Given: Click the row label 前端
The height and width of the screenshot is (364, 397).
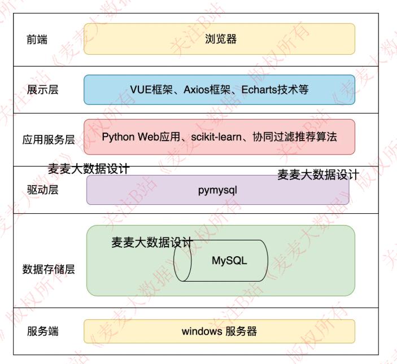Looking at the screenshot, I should coord(37,40).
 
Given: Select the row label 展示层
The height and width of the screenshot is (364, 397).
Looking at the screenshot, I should coord(42,90).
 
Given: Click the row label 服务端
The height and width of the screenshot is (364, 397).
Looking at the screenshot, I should coord(42,331).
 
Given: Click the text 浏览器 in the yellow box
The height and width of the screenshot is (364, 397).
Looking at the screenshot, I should coord(220,39).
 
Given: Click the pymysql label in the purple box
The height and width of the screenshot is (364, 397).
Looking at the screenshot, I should coord(217,190).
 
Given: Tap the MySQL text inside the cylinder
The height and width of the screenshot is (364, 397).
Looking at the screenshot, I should coord(229,261).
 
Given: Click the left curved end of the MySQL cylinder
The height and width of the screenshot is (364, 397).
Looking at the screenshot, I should coord(182,261).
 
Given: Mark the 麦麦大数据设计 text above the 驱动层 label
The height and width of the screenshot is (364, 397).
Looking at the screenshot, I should coord(89,169).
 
